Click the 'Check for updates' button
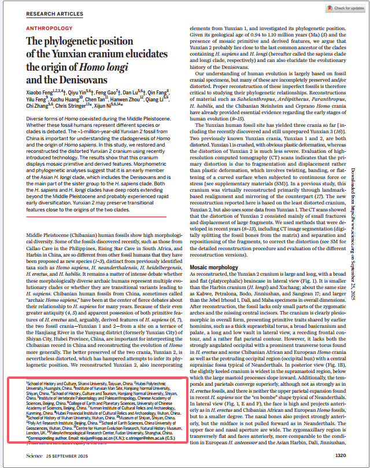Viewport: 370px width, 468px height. pyautogui.click(x=345, y=9)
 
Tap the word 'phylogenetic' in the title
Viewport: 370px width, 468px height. pyautogui.click(x=80, y=43)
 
